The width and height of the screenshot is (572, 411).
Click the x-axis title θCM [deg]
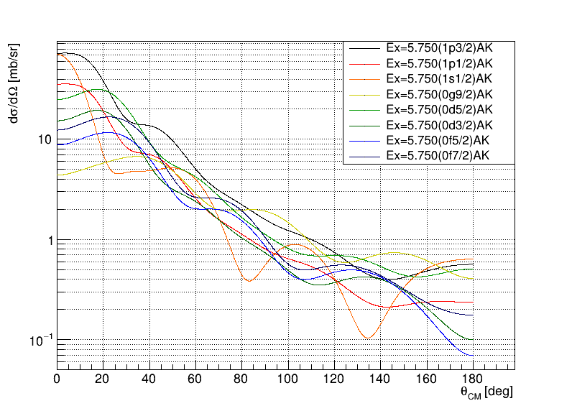coord(486,392)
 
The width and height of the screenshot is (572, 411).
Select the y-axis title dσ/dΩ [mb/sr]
coord(14,83)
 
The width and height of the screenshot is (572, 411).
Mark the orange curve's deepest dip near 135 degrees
coord(368,338)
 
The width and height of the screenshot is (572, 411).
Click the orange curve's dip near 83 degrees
coord(249,280)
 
